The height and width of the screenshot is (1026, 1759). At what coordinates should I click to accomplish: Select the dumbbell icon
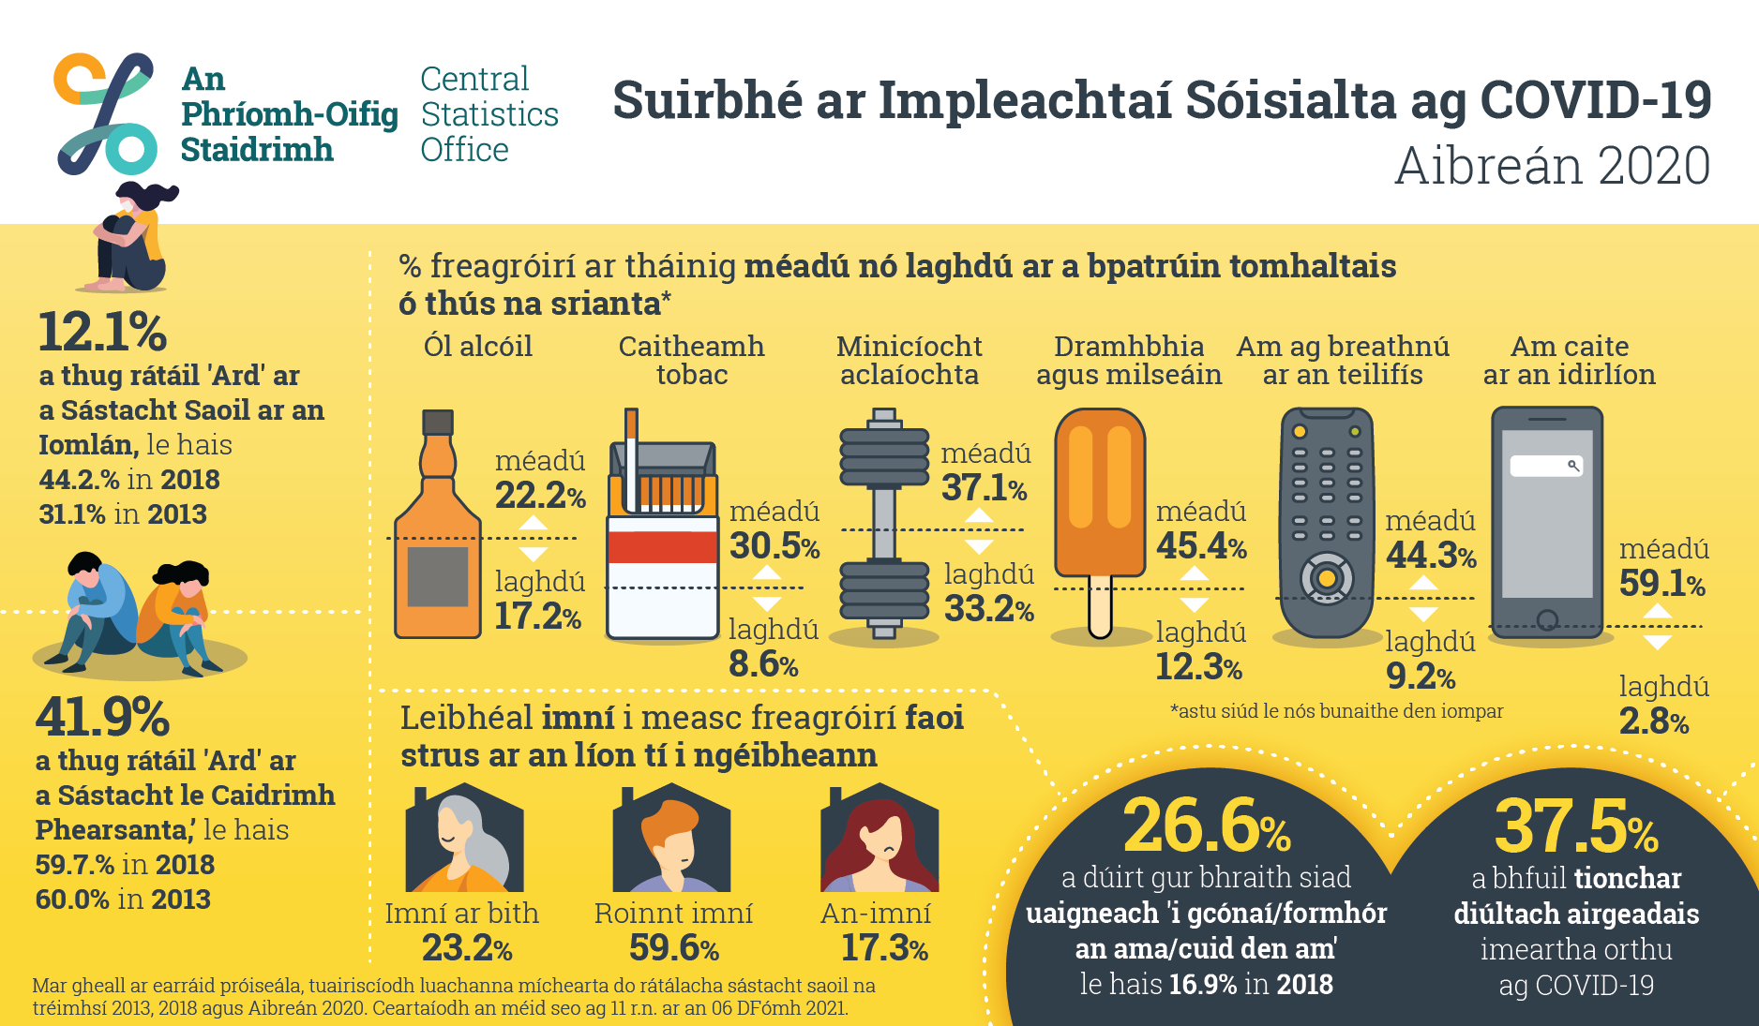883,524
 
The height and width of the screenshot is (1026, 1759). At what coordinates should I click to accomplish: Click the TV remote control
1326,523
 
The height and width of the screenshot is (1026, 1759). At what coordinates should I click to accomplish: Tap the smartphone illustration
1547,522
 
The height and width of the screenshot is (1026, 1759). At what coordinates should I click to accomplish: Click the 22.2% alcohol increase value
540,495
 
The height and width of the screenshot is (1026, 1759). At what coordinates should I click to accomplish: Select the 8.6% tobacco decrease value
763,663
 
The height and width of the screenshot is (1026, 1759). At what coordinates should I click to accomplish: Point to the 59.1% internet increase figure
1662,583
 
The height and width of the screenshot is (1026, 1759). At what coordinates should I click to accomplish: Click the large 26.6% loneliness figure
1207,825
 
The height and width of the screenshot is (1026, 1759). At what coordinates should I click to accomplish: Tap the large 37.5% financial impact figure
1576,825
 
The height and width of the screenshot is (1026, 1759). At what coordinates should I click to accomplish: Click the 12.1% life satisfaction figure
102,332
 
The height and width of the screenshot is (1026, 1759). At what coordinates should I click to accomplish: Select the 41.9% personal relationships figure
102,717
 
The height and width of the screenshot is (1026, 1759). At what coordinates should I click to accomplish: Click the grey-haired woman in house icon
464,838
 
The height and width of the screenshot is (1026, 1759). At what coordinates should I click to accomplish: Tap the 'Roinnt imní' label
673,913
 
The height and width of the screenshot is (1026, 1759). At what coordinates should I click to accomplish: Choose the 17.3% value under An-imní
884,948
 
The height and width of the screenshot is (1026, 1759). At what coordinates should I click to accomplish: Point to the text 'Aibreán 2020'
1553,166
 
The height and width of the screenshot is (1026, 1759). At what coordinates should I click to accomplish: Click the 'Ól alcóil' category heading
478,346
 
